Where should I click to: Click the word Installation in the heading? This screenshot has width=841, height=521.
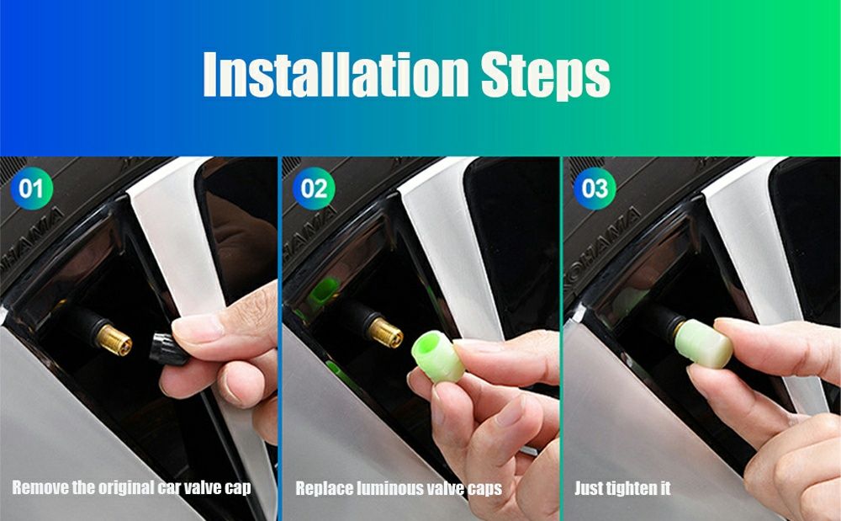point(336,75)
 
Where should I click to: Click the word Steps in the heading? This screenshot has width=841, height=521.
point(546,76)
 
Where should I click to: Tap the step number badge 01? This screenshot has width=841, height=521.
point(32,189)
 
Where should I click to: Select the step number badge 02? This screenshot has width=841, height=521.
point(314,189)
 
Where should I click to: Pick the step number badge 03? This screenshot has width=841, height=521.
point(595,189)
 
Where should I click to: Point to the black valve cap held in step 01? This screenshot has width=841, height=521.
point(167,349)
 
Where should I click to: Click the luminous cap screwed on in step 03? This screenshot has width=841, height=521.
point(704,343)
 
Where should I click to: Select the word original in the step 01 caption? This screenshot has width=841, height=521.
point(125,487)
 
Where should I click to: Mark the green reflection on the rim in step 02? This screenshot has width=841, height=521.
point(324,292)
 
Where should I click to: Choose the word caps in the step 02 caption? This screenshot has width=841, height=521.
point(484,489)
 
